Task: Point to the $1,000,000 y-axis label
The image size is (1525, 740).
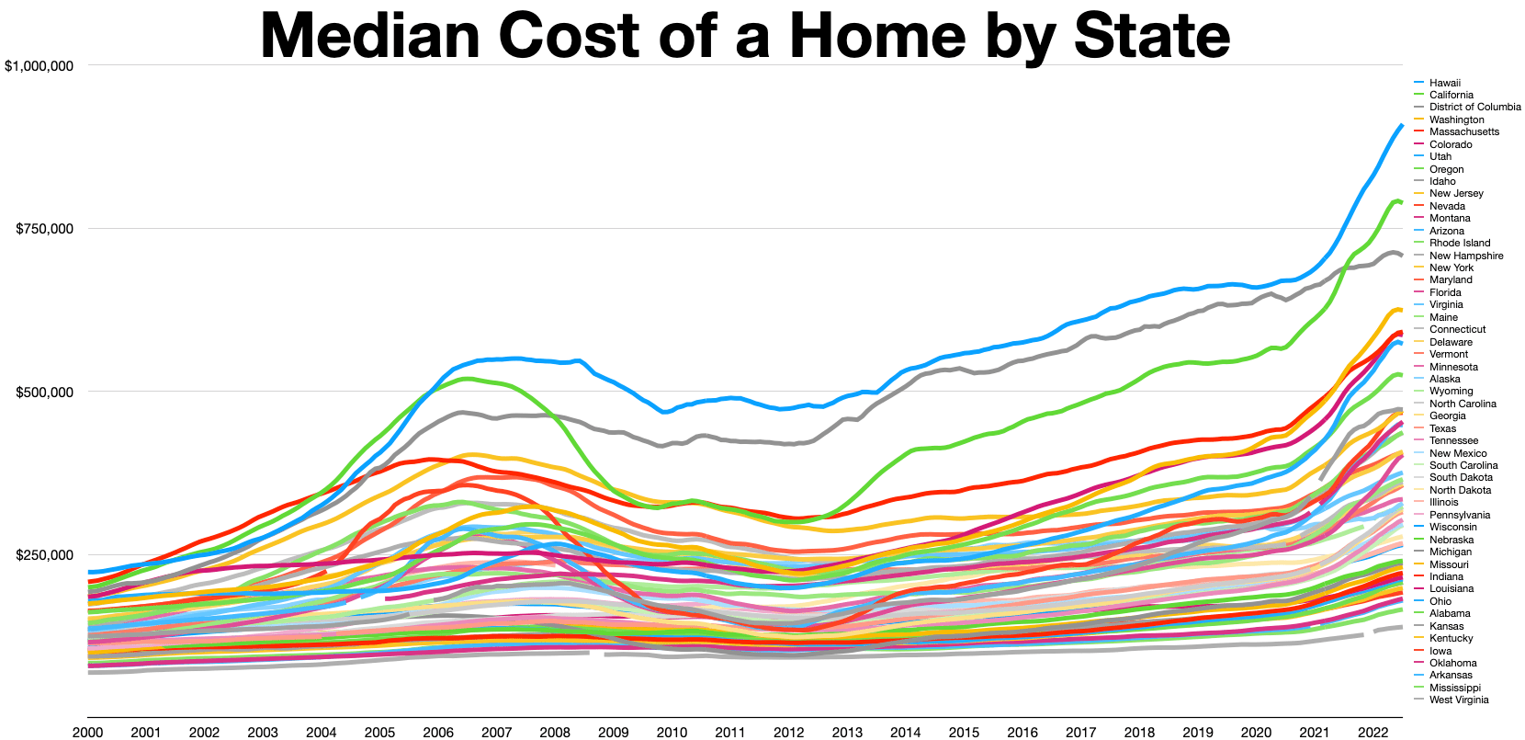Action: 39,66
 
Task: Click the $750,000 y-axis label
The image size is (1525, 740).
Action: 44,229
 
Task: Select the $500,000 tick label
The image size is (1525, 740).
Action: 44,393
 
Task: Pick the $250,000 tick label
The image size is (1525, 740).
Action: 44,555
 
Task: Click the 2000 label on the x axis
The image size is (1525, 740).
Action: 87,733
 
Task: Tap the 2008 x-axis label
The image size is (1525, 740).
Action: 555,733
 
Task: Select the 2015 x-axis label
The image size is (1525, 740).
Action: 964,733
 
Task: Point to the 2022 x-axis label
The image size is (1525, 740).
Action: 1372,733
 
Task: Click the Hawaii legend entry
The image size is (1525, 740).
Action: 1444,83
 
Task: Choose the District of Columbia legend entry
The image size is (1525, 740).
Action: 1474,108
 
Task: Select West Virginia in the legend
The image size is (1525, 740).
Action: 1459,700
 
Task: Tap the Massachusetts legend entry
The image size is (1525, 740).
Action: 1463,131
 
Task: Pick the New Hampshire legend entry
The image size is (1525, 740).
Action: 1466,256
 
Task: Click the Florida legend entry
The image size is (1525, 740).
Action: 1445,292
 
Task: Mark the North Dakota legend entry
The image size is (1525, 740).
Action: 1460,490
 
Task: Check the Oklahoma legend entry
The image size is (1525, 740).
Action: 1452,663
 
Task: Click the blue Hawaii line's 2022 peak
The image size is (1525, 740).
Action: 1400,126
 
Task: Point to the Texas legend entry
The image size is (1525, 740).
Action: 1442,428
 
